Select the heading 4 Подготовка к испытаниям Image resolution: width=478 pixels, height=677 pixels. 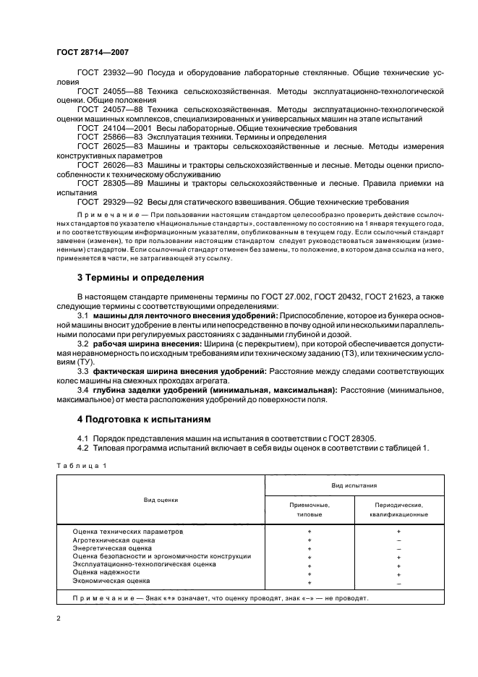tap(136, 420)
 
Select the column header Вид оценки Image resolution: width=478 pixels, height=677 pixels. tap(161, 500)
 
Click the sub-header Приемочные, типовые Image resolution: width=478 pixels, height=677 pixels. tap(310, 510)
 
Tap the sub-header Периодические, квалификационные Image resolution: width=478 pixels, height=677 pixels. tap(400, 510)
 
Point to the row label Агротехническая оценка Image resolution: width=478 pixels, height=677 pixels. tap(114, 540)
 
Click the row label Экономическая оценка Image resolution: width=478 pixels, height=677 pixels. tap(111, 581)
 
